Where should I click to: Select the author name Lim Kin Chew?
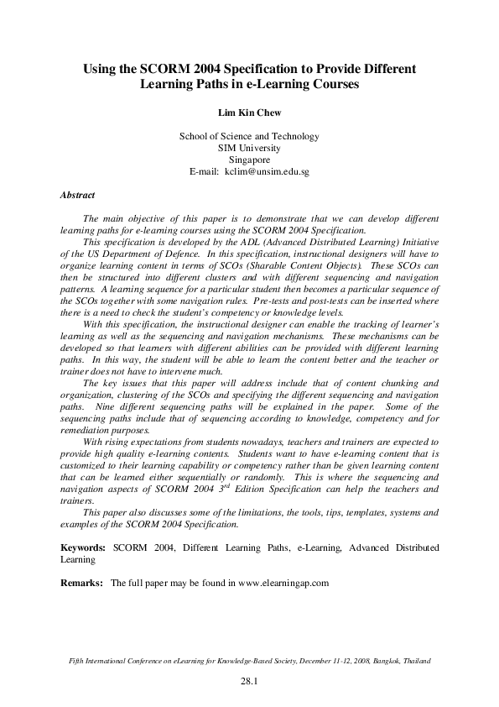[x=249, y=111]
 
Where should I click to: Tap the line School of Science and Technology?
[x=249, y=136]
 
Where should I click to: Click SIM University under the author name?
[x=249, y=148]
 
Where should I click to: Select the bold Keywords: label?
[x=83, y=547]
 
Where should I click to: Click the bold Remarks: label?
[x=81, y=582]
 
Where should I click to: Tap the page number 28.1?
[x=249, y=682]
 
